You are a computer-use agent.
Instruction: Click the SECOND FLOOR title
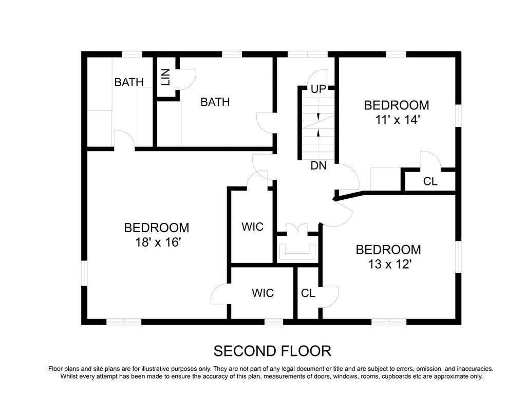pos(272,351)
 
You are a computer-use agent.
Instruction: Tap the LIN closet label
pos(165,77)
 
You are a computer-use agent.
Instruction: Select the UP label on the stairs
pos(318,89)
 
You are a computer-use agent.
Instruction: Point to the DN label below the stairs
pos(318,166)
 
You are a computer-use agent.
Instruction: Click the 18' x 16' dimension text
pos(156,242)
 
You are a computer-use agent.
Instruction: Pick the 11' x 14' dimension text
pos(396,120)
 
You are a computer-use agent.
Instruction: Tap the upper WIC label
pos(253,227)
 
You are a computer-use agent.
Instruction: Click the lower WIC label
pos(262,293)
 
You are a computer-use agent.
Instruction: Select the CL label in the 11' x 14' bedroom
pos(430,181)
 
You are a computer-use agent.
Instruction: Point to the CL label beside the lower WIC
pos(308,293)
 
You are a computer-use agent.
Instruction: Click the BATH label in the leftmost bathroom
pos(129,82)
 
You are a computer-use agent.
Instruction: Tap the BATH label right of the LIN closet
pos(215,102)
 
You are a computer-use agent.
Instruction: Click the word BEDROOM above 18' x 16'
pos(156,228)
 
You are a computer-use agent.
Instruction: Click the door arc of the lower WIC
pos(220,294)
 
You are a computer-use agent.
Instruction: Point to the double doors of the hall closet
pos(297,229)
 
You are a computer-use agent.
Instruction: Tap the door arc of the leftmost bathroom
pos(124,139)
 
